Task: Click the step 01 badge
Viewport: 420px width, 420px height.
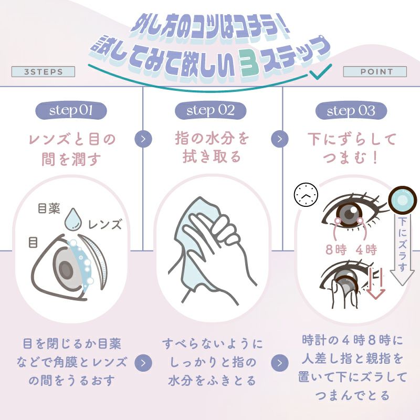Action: click(x=71, y=111)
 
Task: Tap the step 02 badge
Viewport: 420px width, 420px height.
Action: click(x=211, y=111)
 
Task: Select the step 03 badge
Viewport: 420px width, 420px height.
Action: click(x=351, y=111)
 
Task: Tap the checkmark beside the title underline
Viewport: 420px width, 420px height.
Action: click(x=317, y=73)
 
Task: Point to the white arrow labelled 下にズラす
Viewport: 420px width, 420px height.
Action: click(x=403, y=247)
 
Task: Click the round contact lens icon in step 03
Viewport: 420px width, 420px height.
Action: click(x=403, y=200)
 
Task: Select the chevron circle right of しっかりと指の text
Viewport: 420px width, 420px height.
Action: click(x=282, y=362)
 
